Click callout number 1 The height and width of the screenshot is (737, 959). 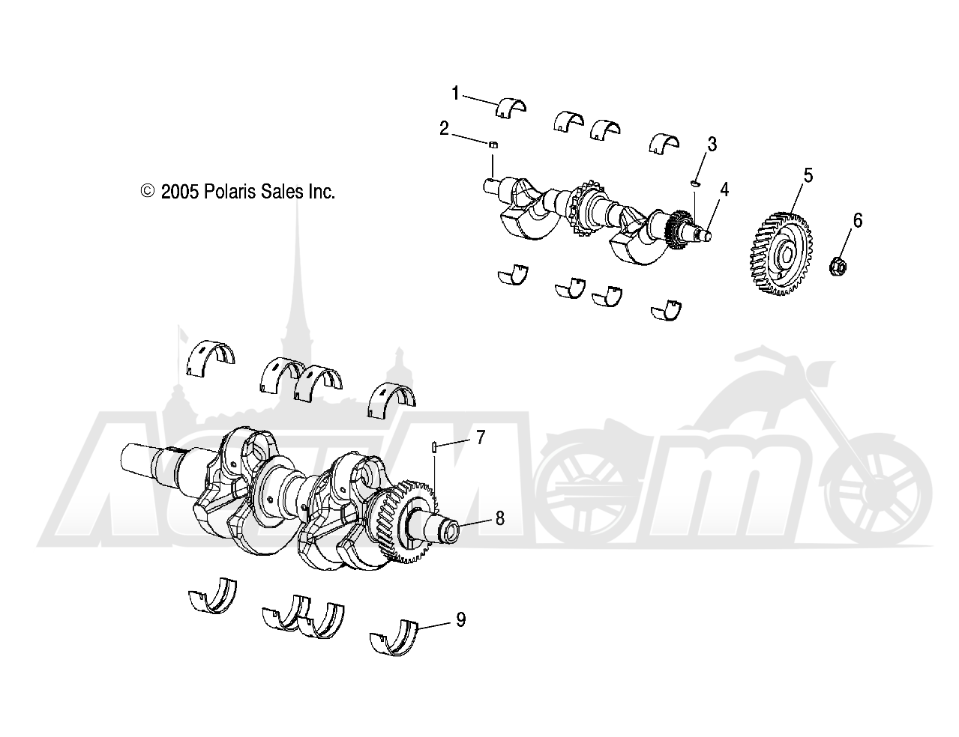coord(455,94)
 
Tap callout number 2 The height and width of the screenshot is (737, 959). coord(444,128)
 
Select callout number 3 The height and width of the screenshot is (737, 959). coord(712,144)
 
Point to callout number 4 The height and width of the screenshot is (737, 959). coord(724,189)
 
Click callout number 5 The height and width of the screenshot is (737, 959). coord(808,175)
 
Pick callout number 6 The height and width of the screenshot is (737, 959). coord(858,220)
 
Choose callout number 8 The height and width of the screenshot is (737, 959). coord(499,518)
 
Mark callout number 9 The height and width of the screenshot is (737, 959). coord(460,619)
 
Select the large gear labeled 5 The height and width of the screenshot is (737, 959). coord(781,253)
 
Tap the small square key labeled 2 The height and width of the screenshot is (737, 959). coord(494,145)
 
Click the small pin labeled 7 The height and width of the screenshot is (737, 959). coord(434,447)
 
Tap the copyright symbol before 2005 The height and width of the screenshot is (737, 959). coord(148,191)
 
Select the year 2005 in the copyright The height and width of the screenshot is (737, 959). coord(180,192)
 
